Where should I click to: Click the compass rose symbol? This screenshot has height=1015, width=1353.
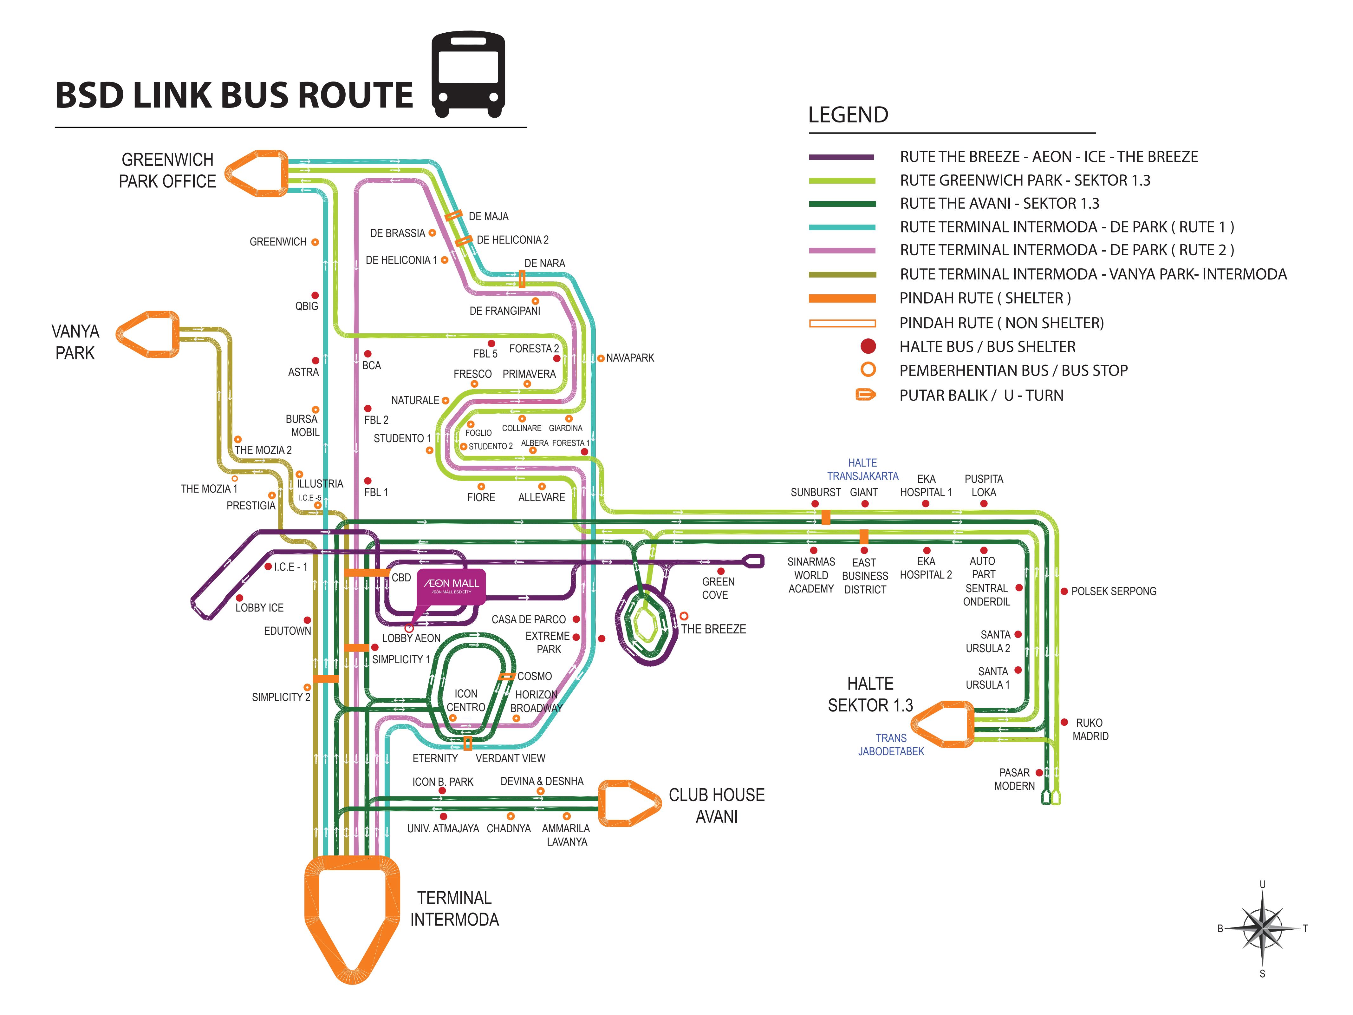[x=1262, y=928]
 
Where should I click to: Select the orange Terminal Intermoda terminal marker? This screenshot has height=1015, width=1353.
[x=352, y=918]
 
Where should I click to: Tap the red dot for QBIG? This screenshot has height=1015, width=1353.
[x=315, y=296]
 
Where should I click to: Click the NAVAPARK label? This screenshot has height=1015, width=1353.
[x=630, y=358]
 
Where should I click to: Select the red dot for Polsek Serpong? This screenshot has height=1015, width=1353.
[x=1065, y=591]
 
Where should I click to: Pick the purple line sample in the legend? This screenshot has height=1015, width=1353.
[x=842, y=157]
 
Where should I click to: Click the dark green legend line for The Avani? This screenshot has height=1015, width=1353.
[x=842, y=204]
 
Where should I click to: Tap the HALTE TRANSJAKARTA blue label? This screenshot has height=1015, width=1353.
[x=862, y=469]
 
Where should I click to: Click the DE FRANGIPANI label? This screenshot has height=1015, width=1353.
[x=504, y=311]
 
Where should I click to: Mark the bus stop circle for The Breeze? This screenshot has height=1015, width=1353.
[x=684, y=615]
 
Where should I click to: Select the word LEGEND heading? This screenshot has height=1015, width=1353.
[x=848, y=115]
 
